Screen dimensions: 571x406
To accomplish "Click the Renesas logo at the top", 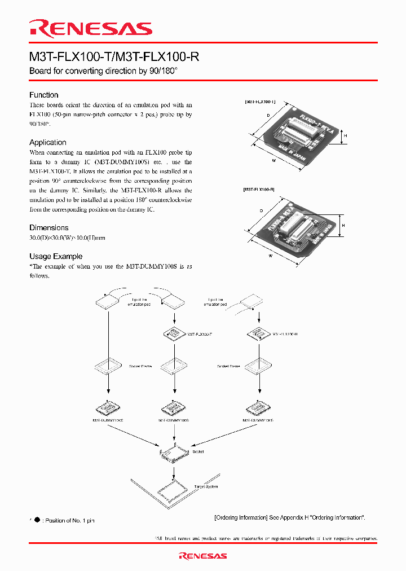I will coord(91,28).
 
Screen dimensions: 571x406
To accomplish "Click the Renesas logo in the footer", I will coord(203,556).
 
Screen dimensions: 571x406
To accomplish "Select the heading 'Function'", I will coord(44,95).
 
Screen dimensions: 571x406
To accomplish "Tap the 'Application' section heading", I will coord(48,143).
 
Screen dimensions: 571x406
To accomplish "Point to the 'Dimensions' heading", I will coord(48,228).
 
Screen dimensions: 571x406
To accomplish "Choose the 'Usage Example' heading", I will coord(56,256).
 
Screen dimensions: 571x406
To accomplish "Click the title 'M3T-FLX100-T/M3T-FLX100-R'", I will coord(114,58).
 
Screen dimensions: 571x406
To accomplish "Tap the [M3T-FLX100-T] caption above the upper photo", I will coord(259,102).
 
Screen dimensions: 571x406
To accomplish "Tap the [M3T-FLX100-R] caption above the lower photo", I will coord(259,190).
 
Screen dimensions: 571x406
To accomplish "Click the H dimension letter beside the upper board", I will coord(345,136).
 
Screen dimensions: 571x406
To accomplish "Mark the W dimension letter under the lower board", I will coord(271,256).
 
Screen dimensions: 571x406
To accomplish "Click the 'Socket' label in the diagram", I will coord(198,451).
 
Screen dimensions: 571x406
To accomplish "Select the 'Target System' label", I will coord(206,486).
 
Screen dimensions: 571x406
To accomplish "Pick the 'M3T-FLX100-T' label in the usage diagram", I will coord(200,335).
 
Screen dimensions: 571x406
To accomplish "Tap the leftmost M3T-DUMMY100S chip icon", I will coord(107,407).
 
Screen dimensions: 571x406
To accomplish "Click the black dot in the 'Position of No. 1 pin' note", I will coord(37,520).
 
